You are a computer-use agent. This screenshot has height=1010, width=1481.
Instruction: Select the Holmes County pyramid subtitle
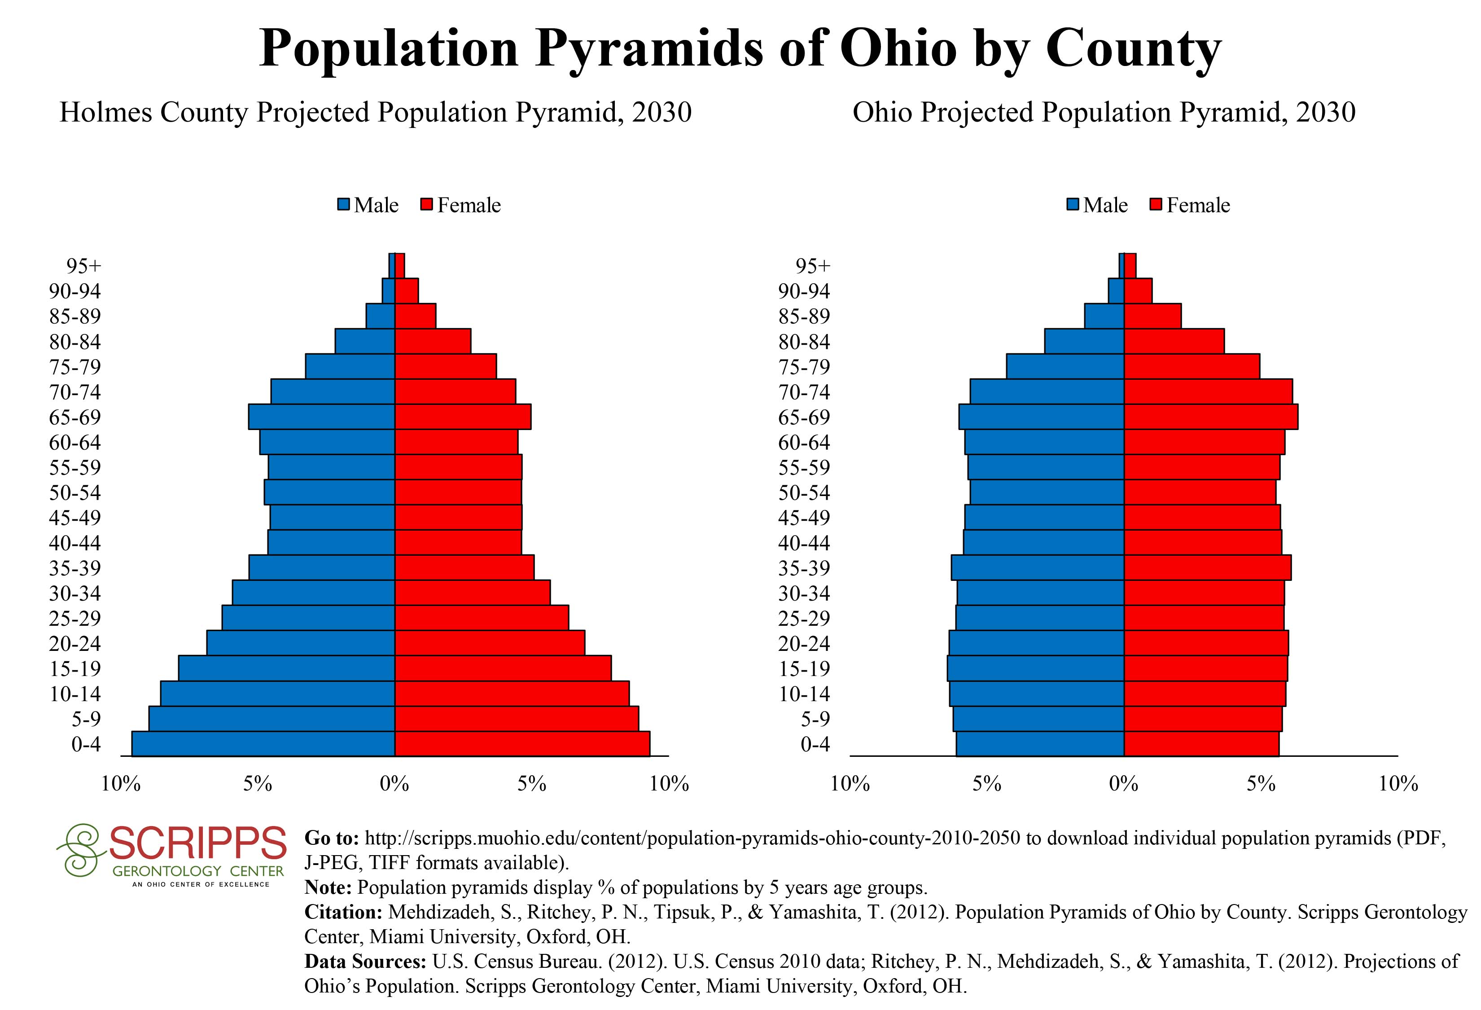point(375,113)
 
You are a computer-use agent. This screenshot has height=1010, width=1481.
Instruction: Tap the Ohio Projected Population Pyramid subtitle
point(1104,113)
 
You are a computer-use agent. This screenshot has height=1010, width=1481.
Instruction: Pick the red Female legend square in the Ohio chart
point(1157,205)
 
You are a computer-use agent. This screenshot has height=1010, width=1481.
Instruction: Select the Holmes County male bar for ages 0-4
point(263,744)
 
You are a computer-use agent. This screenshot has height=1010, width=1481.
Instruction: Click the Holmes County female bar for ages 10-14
point(512,693)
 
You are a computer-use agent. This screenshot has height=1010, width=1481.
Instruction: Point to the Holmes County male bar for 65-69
point(322,417)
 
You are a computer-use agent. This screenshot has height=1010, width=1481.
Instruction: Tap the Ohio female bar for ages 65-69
point(1211,417)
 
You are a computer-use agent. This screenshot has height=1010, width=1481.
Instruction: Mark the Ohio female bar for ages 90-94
point(1138,290)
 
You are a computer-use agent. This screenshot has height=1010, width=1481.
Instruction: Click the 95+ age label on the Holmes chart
point(83,266)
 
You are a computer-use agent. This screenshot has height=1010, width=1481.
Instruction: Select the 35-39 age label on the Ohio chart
point(804,568)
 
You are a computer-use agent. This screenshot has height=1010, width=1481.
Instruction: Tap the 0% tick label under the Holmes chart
point(395,784)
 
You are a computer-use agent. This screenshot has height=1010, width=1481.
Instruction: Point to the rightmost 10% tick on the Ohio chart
point(1398,784)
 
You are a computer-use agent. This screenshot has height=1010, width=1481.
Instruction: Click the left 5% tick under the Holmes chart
point(258,784)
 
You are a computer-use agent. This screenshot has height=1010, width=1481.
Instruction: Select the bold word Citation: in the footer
point(343,913)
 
